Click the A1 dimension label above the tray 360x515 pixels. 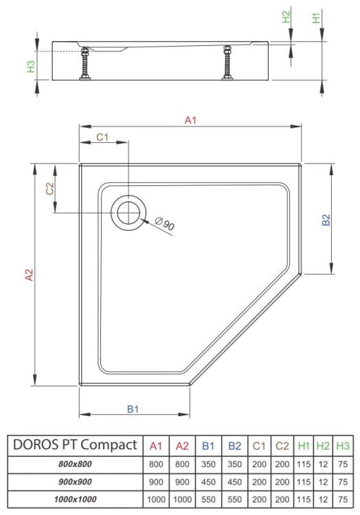[190, 121]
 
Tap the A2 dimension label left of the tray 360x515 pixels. [29, 275]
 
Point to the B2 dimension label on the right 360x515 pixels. [327, 220]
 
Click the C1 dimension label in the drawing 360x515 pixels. [102, 137]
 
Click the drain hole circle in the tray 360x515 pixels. [128, 212]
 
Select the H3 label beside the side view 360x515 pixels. [30, 67]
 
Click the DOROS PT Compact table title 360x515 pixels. [75, 445]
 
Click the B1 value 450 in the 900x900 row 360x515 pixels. [208, 481]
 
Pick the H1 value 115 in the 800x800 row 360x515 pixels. [304, 463]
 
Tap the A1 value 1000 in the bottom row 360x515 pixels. [156, 499]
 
